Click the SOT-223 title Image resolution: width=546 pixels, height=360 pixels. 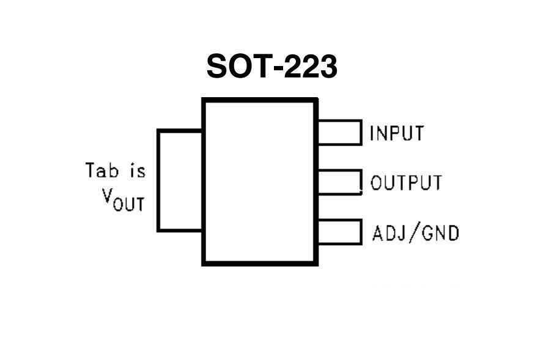point(272,66)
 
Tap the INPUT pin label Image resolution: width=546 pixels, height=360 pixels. point(396,133)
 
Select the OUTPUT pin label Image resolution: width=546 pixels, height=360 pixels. point(406,183)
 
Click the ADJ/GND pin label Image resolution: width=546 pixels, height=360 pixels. point(415,233)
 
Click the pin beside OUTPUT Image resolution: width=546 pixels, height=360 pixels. point(339,182)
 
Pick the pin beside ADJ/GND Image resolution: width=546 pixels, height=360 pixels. point(339,232)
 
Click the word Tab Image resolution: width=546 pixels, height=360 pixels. point(101,170)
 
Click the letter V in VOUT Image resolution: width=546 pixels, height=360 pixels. point(108,197)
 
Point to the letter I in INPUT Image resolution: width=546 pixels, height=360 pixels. point(372,133)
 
